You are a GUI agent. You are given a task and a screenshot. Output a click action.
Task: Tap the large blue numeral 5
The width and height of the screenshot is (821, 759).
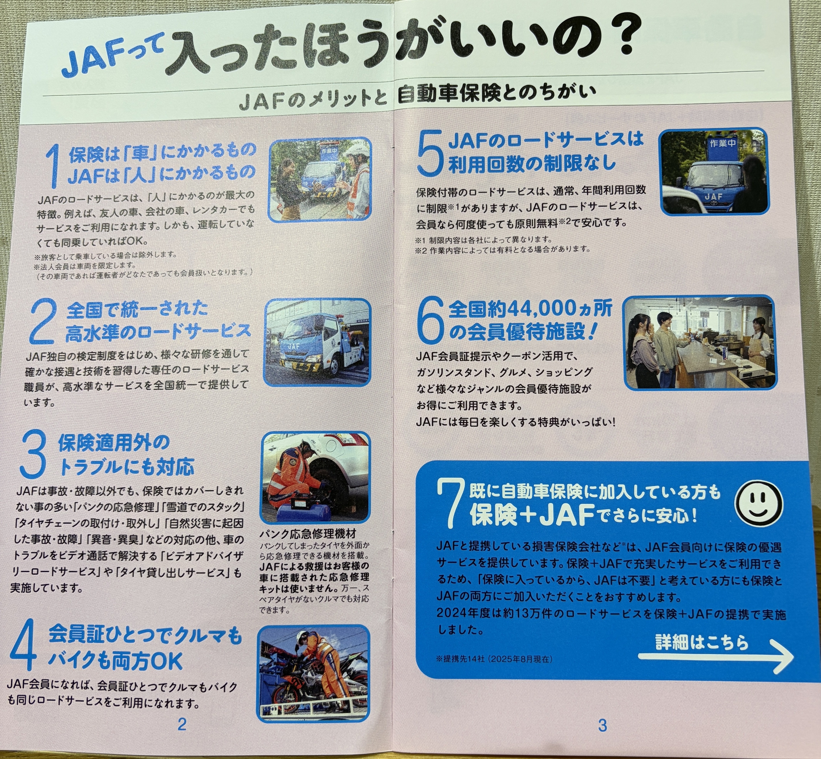(x=430, y=152)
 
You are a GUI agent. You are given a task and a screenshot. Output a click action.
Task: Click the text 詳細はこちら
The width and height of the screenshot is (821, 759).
(x=701, y=642)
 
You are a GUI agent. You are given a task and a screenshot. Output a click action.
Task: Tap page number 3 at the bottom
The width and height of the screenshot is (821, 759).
(x=602, y=736)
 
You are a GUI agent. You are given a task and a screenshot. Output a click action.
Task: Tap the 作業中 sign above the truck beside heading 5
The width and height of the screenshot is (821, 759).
(x=722, y=144)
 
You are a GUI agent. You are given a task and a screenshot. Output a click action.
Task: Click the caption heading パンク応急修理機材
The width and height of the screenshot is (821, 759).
(x=308, y=534)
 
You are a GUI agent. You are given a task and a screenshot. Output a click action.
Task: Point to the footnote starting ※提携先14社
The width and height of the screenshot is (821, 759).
(x=494, y=659)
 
